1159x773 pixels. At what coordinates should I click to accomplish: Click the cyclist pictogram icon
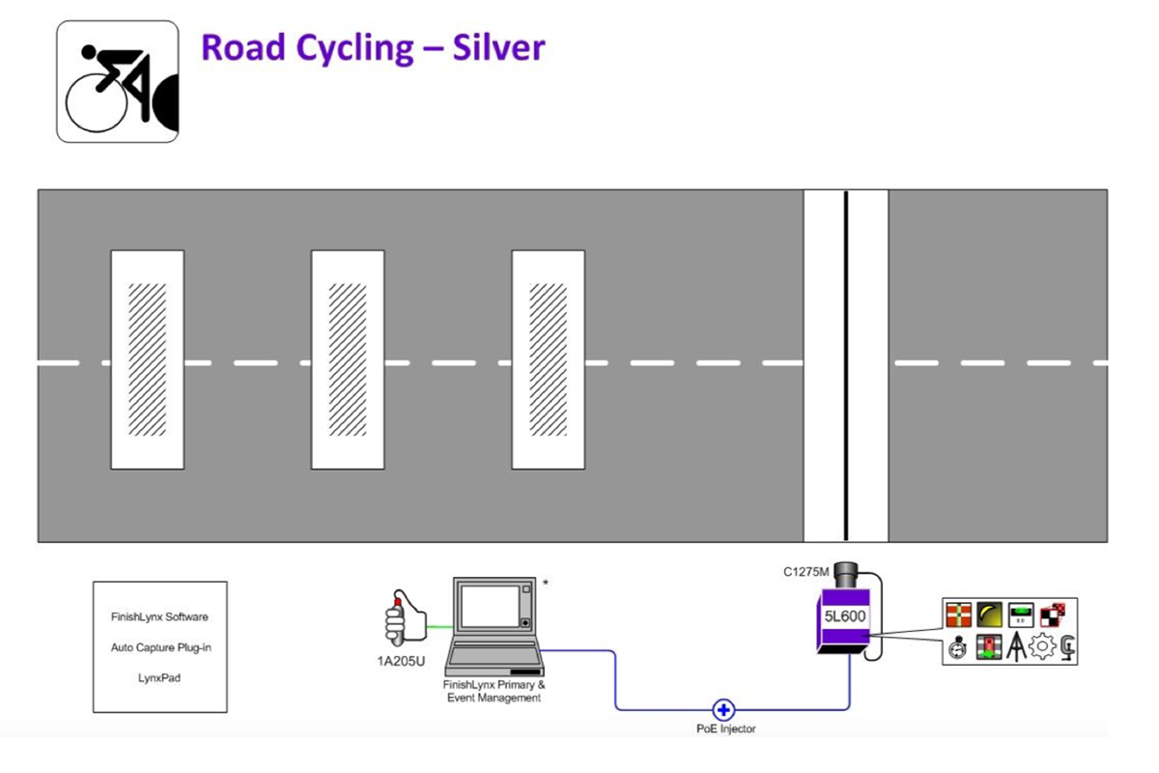pyautogui.click(x=117, y=81)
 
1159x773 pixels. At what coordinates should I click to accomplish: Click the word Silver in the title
pyautogui.click(x=498, y=47)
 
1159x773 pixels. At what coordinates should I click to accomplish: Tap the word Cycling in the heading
pyautogui.click(x=358, y=49)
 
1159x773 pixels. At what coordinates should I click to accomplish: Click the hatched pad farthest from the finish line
pyautogui.click(x=148, y=359)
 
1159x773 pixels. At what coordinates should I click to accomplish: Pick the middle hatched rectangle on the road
pyautogui.click(x=348, y=359)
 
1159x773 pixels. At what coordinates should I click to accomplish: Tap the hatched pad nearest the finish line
pyautogui.click(x=549, y=359)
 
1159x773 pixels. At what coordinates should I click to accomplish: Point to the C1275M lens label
pyautogui.click(x=806, y=572)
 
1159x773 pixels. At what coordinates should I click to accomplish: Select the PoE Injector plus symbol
pyautogui.click(x=722, y=710)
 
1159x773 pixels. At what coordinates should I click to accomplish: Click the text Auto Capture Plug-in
pyautogui.click(x=160, y=647)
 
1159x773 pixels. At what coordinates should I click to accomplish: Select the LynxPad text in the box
pyautogui.click(x=160, y=678)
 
